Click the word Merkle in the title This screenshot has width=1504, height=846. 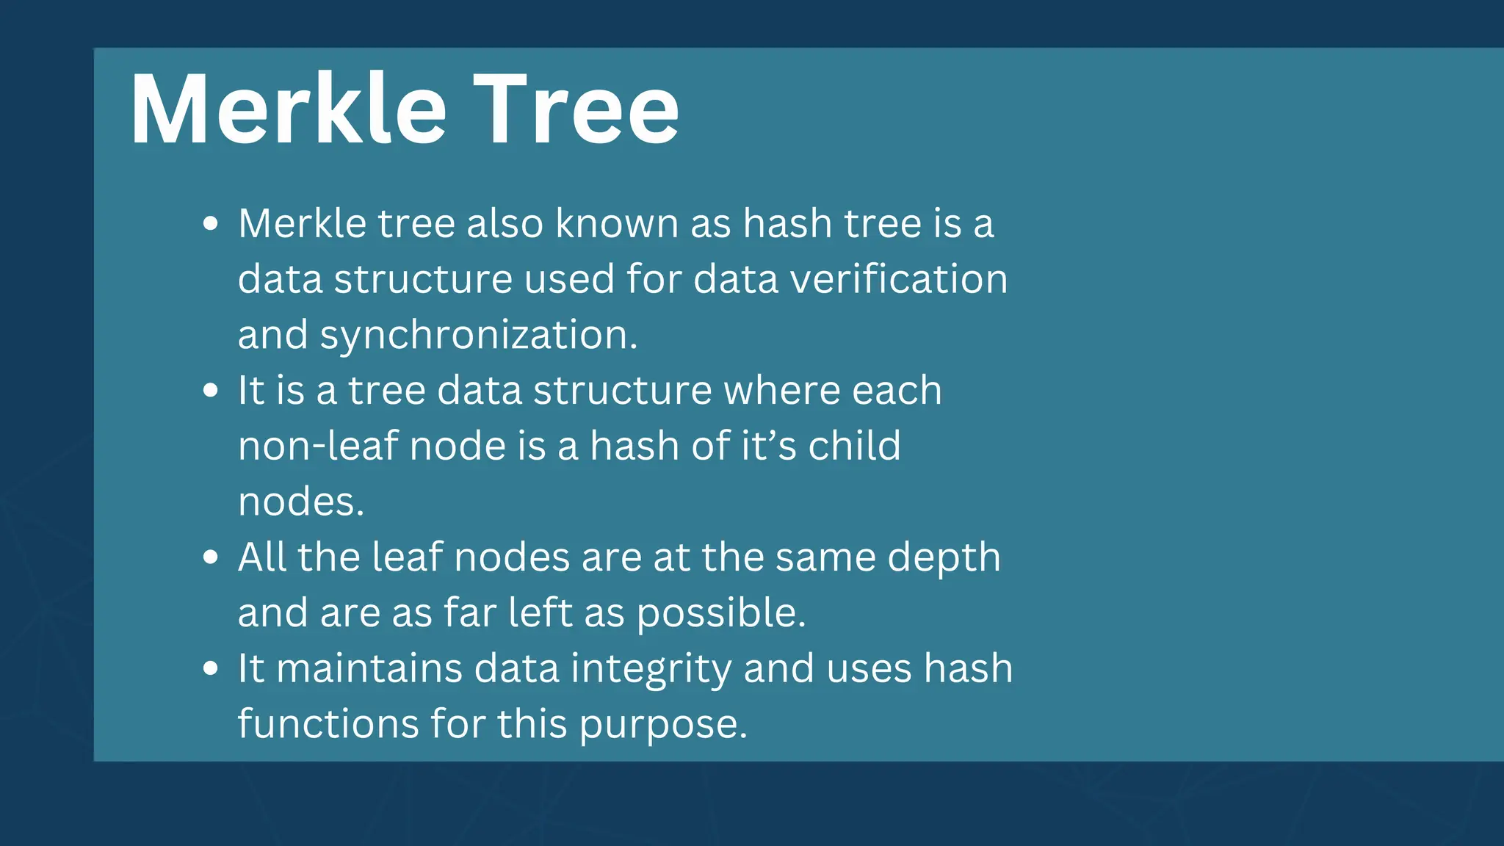[x=288, y=110]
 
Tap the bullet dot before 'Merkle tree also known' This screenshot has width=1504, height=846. [x=211, y=223]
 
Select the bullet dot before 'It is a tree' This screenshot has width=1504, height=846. [x=211, y=390]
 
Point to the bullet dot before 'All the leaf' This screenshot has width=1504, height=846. [x=211, y=557]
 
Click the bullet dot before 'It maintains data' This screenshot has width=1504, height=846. [x=211, y=668]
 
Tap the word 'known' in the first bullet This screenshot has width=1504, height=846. [x=617, y=223]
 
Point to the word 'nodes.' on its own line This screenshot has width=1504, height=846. [x=301, y=502]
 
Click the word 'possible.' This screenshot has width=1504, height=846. [x=720, y=614]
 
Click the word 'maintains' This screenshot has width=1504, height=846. [x=369, y=668]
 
